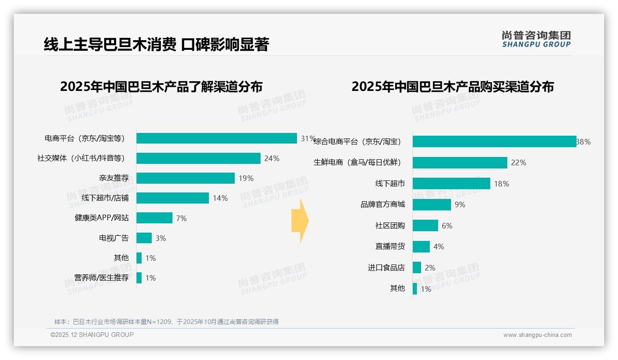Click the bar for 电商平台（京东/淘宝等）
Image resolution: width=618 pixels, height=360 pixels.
(216, 138)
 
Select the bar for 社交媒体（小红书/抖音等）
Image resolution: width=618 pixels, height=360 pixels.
(198, 158)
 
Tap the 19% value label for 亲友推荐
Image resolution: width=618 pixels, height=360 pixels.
(246, 178)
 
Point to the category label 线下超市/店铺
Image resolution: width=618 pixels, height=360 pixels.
(105, 198)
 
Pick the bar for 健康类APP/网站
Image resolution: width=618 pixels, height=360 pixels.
(154, 218)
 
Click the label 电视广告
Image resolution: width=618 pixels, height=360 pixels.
(114, 238)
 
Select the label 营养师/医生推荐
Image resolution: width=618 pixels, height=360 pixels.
(101, 278)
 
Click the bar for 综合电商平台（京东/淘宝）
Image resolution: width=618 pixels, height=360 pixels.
(494, 142)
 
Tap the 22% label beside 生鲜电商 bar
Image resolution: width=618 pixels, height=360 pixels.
(518, 162)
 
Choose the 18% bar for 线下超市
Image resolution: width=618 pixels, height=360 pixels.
(451, 184)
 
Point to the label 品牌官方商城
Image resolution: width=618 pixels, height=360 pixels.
(383, 204)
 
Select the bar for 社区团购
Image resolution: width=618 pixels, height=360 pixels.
(425, 226)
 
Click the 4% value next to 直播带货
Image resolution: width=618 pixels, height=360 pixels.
(439, 246)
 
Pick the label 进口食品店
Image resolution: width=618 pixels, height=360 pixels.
(386, 268)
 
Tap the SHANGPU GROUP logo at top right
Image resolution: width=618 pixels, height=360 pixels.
(536, 39)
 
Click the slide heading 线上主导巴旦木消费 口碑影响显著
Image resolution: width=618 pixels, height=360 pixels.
(156, 44)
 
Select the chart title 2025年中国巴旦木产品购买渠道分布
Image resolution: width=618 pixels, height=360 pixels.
(452, 87)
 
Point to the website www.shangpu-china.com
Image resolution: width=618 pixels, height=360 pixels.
(537, 335)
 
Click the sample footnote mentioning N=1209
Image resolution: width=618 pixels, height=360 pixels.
(166, 322)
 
